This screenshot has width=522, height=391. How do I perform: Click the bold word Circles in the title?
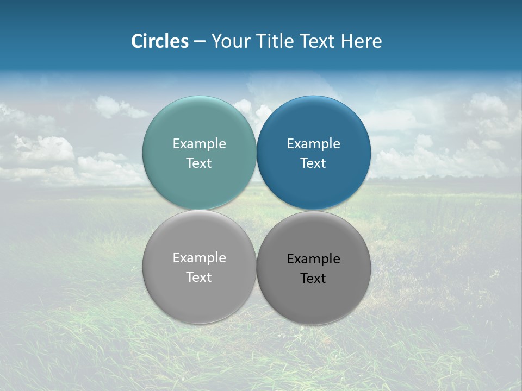click(x=160, y=41)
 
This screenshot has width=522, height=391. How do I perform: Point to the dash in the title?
click(x=200, y=42)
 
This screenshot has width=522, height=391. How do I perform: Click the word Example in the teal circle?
click(x=199, y=144)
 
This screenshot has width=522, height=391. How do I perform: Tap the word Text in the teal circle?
click(x=199, y=163)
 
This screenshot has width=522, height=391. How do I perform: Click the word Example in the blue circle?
click(x=314, y=144)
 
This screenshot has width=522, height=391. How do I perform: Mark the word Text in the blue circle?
click(x=314, y=163)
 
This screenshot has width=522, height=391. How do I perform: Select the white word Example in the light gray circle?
click(x=199, y=258)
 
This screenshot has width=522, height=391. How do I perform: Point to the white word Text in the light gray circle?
click(x=199, y=278)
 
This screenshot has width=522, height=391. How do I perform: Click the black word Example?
click(x=314, y=259)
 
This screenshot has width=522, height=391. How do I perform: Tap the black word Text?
click(x=314, y=279)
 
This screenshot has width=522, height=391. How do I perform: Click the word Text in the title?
click(x=318, y=41)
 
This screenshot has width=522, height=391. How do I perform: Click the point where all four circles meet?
click(x=257, y=210)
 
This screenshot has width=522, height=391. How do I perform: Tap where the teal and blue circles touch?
click(x=257, y=153)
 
